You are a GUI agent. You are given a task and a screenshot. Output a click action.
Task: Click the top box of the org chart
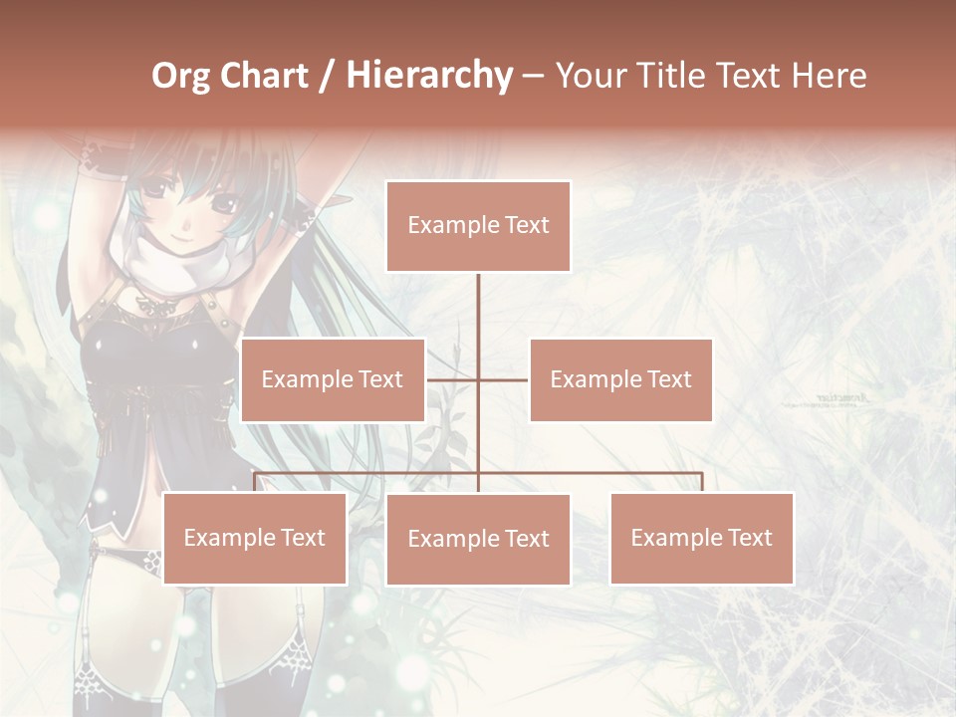pyautogui.click(x=478, y=226)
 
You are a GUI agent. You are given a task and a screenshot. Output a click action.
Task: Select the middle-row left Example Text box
pyautogui.click(x=333, y=379)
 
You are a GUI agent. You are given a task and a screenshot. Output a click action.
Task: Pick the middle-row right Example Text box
pyautogui.click(x=620, y=379)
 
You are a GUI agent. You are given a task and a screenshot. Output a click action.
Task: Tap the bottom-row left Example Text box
pyautogui.click(x=255, y=538)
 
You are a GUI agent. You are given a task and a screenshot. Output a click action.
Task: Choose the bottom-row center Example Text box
pyautogui.click(x=478, y=539)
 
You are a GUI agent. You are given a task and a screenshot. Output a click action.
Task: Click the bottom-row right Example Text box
pyautogui.click(x=701, y=538)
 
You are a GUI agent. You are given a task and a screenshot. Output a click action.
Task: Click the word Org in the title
pyautogui.click(x=182, y=76)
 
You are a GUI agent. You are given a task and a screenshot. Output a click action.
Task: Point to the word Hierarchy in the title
pyautogui.click(x=428, y=76)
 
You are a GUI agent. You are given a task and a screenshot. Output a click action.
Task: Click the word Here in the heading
pyautogui.click(x=830, y=76)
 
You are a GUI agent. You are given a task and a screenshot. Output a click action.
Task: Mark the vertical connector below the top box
pyautogui.click(x=478, y=319)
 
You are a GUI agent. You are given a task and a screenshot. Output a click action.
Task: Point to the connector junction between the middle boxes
pyautogui.click(x=478, y=379)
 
